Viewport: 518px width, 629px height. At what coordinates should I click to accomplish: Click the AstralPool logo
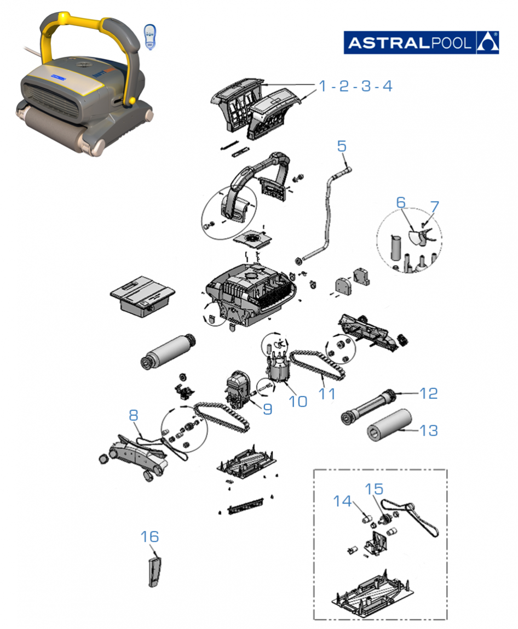pyautogui.click(x=421, y=42)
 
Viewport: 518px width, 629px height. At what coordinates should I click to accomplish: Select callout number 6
pyautogui.click(x=401, y=202)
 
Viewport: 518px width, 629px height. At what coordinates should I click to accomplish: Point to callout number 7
pyautogui.click(x=435, y=207)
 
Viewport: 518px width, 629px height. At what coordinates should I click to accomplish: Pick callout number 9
pyautogui.click(x=267, y=409)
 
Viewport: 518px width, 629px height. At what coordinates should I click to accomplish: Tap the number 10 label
pyautogui.click(x=298, y=401)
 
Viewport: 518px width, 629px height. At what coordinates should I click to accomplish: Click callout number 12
pyautogui.click(x=429, y=393)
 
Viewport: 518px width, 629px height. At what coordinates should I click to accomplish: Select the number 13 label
pyautogui.click(x=429, y=431)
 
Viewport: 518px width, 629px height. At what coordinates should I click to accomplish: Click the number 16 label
pyautogui.click(x=149, y=537)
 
